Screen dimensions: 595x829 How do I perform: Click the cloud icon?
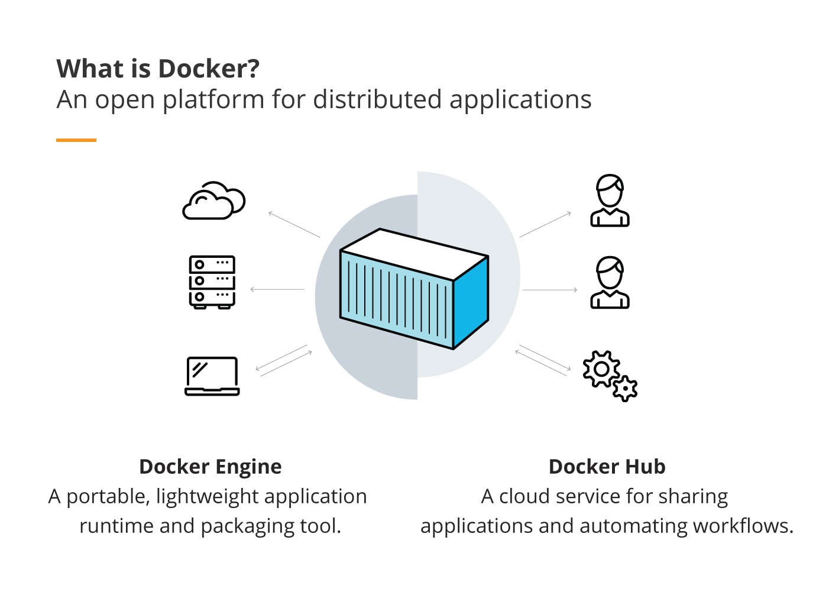click(x=213, y=202)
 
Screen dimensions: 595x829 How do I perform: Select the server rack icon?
click(x=212, y=282)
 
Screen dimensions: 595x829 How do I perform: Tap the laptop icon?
click(x=212, y=376)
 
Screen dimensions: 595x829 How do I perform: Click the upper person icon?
click(x=610, y=201)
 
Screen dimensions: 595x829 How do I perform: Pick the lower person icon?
click(x=610, y=282)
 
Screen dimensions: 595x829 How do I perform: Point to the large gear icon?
click(x=601, y=369)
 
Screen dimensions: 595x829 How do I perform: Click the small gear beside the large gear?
click(x=625, y=389)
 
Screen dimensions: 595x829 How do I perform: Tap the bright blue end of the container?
click(x=471, y=300)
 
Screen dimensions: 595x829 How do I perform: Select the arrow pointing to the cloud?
click(x=293, y=224)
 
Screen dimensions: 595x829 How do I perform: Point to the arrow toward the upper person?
click(x=545, y=224)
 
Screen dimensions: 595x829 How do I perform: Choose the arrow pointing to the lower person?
click(x=550, y=290)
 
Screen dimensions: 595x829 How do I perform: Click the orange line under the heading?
click(x=76, y=140)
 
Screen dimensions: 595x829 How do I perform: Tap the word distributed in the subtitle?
click(x=377, y=99)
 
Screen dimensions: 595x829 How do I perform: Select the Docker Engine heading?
click(x=211, y=467)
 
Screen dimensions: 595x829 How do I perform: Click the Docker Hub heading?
click(x=607, y=467)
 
